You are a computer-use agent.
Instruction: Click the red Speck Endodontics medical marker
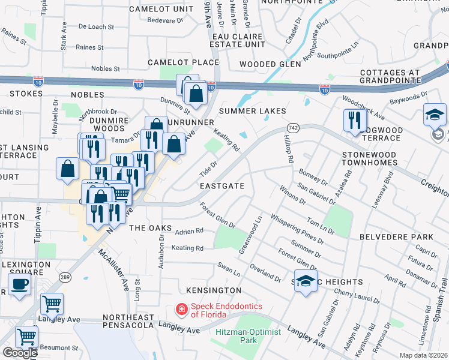(181, 310)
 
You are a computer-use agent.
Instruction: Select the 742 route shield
(293, 128)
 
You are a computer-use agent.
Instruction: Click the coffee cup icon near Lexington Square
(20, 284)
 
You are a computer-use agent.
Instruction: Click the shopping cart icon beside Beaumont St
(27, 337)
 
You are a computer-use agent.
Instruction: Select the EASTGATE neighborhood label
(223, 186)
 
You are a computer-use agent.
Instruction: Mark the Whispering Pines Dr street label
(297, 229)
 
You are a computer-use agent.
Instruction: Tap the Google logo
(20, 353)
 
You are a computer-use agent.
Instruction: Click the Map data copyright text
(424, 355)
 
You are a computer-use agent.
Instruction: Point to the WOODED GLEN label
(270, 64)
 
